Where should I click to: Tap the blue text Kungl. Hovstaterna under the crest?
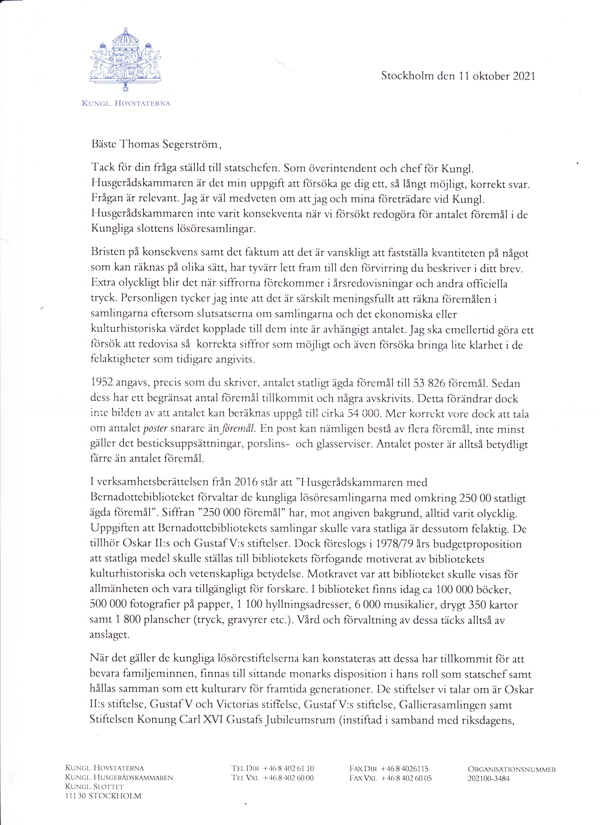[x=126, y=103]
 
